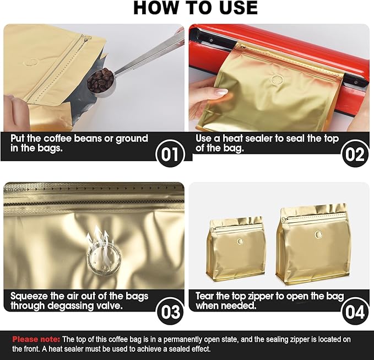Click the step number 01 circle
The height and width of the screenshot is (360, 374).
coord(170,153)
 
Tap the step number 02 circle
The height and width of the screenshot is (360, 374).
coord(355,153)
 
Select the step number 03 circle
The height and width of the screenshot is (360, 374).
coord(170,311)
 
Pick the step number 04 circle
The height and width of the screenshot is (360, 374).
coord(355,311)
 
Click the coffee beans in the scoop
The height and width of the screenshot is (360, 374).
coord(100,80)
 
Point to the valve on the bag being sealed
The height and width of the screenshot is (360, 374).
coord(277,79)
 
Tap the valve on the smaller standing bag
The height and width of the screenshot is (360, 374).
coord(240,241)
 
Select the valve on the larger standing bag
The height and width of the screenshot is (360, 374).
coord(318,234)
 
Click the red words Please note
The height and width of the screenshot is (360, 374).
coord(36,339)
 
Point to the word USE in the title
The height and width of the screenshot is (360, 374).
coord(235,8)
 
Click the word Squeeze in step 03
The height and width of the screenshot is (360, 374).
coord(29,297)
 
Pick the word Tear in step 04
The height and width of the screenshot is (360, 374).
coord(205,296)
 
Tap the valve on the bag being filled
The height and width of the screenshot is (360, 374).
coord(32,63)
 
